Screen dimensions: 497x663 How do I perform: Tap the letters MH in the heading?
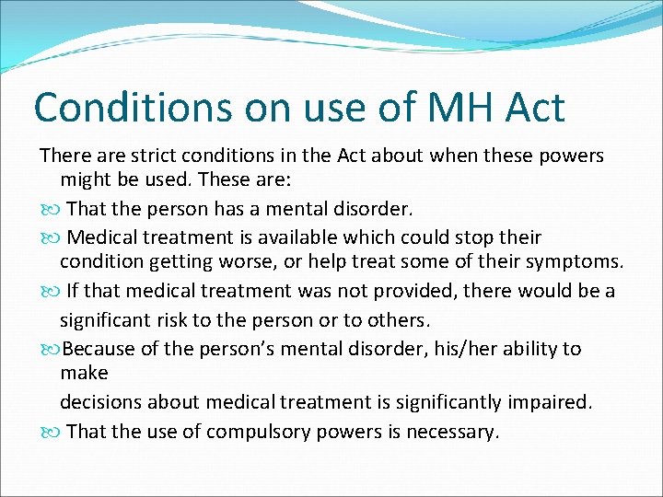tap(446, 108)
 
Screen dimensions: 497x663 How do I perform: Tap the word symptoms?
tap(579, 261)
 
